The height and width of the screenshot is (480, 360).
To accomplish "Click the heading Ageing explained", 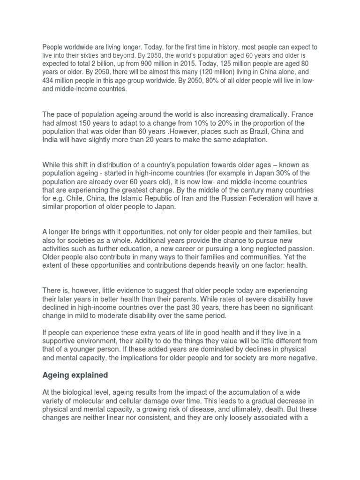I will coord(75,375).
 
